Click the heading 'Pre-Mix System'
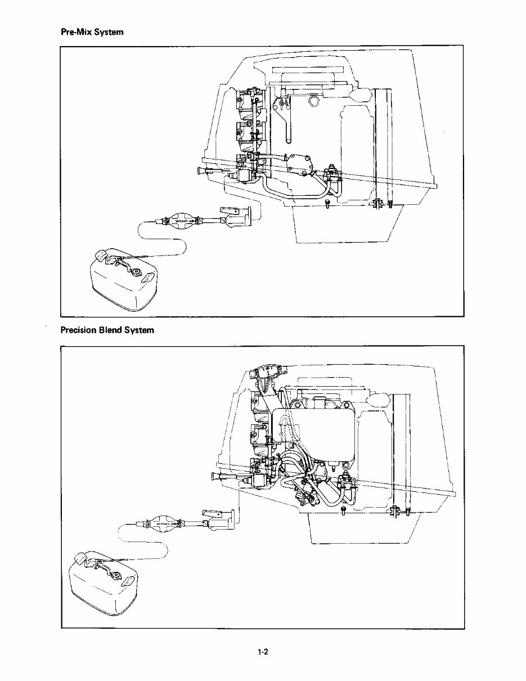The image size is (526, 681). [x=92, y=33]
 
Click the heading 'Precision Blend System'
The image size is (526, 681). [x=107, y=330]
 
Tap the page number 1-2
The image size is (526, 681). [x=262, y=652]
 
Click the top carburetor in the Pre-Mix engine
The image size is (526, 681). [x=246, y=101]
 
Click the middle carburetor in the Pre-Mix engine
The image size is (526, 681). [x=246, y=132]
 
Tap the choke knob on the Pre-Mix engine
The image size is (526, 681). [x=201, y=172]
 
